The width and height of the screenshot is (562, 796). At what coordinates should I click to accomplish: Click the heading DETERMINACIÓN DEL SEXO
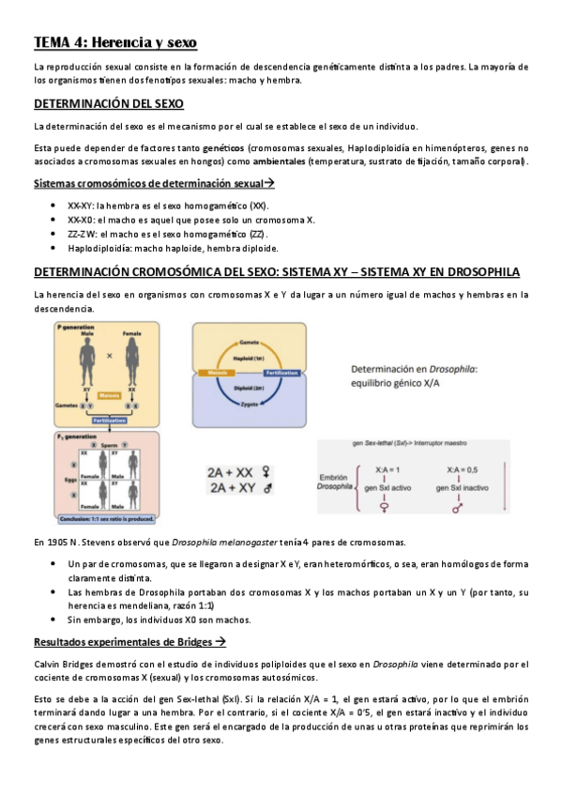(x=108, y=103)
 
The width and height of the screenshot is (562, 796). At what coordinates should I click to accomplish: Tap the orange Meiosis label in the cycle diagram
(x=220, y=372)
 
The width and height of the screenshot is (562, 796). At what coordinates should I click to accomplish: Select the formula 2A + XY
(x=241, y=489)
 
